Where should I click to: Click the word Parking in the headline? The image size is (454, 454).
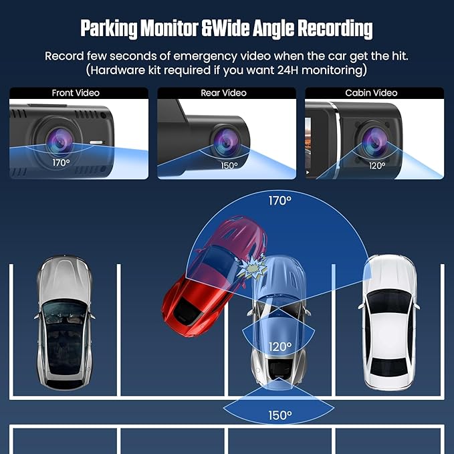(109, 29)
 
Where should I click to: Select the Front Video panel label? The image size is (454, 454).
(76, 93)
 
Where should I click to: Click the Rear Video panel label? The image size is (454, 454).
(223, 93)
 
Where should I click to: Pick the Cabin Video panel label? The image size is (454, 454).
(371, 93)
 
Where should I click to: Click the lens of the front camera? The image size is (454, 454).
(60, 142)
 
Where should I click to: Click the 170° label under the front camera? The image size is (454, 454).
(61, 162)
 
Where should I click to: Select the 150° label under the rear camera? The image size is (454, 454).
(229, 166)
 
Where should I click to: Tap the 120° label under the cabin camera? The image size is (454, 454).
(377, 166)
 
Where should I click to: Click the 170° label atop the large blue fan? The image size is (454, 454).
(279, 201)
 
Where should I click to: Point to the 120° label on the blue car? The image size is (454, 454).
(280, 346)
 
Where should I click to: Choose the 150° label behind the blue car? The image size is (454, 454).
(280, 415)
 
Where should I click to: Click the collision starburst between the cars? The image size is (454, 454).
(253, 267)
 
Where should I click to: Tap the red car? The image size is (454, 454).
(214, 277)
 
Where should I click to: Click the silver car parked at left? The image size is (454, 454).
(64, 322)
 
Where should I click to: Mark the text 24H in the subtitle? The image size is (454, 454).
(288, 70)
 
